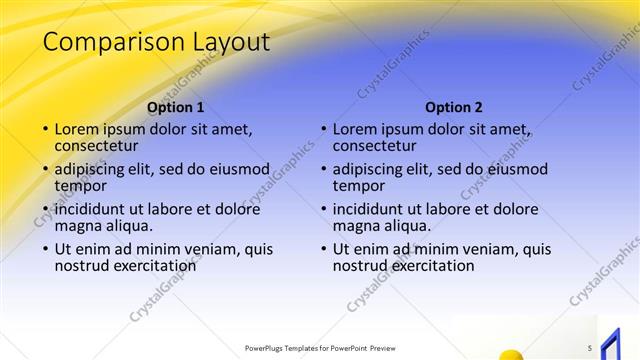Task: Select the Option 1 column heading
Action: click(x=175, y=107)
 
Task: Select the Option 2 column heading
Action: click(x=453, y=107)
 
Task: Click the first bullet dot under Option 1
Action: click(x=44, y=130)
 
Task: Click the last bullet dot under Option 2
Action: click(x=322, y=249)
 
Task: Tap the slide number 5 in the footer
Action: click(x=590, y=348)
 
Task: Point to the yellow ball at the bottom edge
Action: click(x=509, y=354)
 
